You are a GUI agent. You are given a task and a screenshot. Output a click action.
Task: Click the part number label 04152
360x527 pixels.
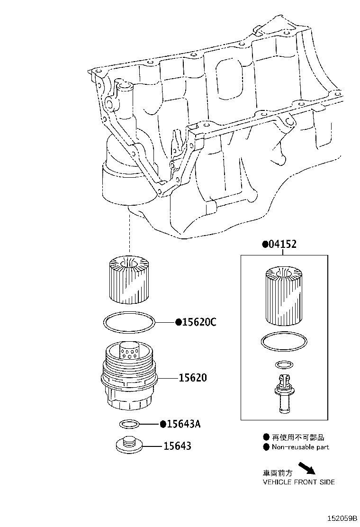(x=283, y=245)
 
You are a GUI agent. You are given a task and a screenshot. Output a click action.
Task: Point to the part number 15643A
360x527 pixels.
(x=183, y=424)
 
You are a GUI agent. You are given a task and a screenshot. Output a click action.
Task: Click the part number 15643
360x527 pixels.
(x=178, y=446)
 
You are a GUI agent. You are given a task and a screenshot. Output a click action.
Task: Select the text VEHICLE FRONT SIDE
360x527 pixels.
(x=298, y=482)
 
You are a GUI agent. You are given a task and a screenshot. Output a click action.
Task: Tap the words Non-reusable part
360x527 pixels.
(x=300, y=447)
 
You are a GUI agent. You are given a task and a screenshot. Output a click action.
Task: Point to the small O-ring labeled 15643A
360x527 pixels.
(x=129, y=423)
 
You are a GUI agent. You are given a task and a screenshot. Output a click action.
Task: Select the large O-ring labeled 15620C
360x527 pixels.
(x=129, y=322)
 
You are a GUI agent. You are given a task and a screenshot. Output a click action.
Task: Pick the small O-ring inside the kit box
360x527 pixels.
(x=283, y=364)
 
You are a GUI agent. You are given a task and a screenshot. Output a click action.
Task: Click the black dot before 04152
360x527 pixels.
(x=265, y=245)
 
